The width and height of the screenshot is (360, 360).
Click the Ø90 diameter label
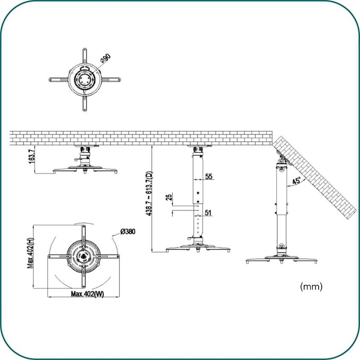point(106,58)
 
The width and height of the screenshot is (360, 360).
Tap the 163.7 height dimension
point(31,156)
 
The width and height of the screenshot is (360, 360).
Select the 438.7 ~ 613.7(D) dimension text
point(149,193)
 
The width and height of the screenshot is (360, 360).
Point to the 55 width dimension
point(209,176)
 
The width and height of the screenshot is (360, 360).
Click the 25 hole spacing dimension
point(169,198)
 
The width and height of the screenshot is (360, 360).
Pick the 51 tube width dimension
point(208,212)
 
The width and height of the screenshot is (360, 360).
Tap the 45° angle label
point(297,181)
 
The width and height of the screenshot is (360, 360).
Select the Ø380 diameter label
point(128,231)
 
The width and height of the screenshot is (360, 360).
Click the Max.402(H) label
point(30,253)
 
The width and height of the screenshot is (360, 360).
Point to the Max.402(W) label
point(87,294)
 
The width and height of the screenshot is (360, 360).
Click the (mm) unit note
point(311,287)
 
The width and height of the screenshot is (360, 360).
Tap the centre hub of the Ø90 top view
point(85,80)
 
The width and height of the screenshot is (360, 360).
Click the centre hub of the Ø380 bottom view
point(84,256)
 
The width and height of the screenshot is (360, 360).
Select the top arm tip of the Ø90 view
point(85,49)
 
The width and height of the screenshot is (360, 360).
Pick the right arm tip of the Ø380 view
point(118,256)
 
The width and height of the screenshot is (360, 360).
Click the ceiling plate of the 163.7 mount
point(86,146)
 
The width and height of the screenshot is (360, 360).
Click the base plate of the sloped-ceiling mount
point(282,260)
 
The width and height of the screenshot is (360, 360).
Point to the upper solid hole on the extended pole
point(198,193)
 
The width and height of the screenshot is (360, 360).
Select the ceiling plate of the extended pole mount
point(199,146)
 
